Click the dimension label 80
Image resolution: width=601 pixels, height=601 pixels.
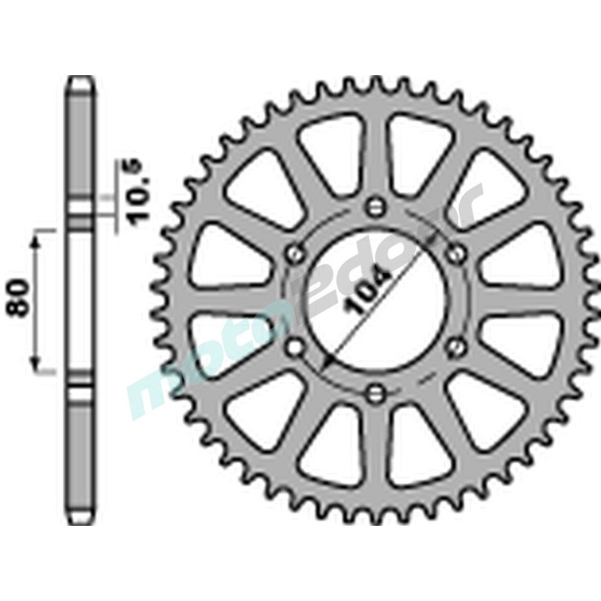coord(20,299)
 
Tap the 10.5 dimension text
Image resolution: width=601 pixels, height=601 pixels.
coord(133,191)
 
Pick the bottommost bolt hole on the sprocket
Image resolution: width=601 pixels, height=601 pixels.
coord(376,394)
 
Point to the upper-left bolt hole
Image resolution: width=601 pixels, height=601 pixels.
coord(295,252)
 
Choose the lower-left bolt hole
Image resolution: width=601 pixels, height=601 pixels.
coord(295,347)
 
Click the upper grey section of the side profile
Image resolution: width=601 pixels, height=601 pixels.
coord(80,144)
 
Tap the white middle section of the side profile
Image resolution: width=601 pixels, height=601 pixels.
coord(80,300)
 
